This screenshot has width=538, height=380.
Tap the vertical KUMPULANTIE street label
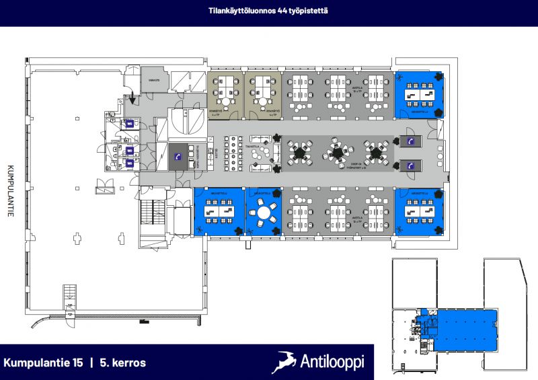[10, 191]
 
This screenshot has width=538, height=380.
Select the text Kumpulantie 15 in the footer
[44, 363]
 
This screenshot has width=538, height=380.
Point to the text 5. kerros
[123, 363]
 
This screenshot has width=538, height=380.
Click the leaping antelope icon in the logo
[285, 362]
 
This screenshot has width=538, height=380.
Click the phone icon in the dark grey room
[178, 156]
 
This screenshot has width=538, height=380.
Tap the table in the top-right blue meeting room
[419, 97]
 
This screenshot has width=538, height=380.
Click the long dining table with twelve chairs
[234, 155]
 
